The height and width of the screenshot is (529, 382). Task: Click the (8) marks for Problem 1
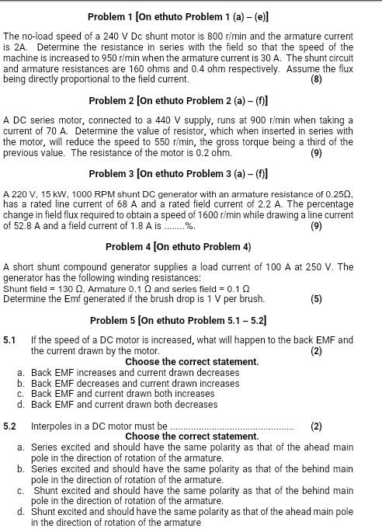click(x=316, y=79)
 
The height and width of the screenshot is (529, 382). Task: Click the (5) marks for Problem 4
click(x=316, y=299)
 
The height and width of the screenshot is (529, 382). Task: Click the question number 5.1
click(x=9, y=340)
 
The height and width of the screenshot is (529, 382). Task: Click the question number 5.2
click(x=9, y=426)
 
